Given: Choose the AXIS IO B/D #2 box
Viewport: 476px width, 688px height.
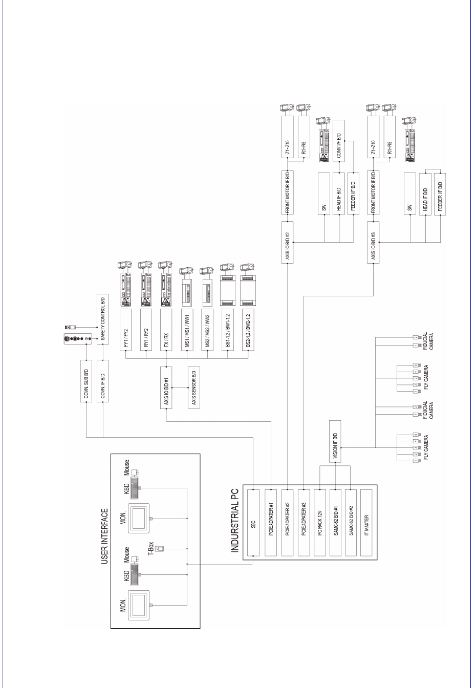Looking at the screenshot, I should (288, 243).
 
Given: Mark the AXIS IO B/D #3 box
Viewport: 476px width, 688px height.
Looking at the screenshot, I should (374, 243).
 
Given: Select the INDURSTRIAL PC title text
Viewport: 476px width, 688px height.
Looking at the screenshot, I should (235, 525).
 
